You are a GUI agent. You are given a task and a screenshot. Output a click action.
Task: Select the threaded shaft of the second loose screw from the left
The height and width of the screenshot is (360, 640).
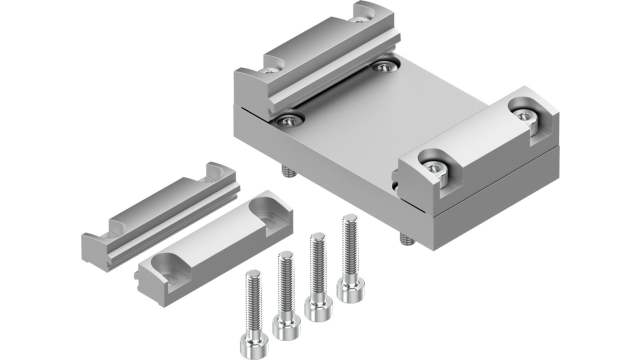pos(286,282)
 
